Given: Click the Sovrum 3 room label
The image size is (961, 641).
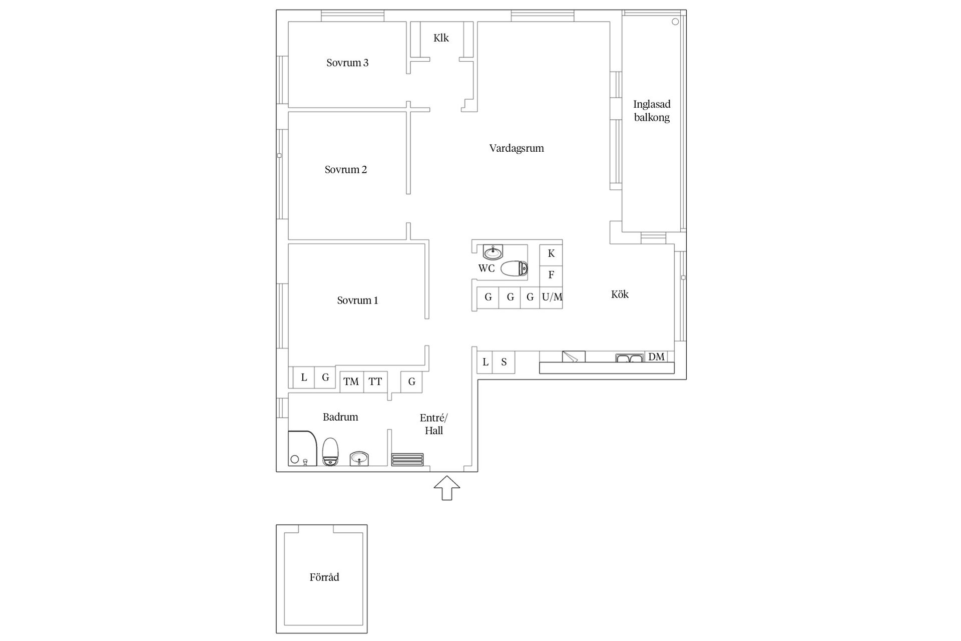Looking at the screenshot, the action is tap(347, 63).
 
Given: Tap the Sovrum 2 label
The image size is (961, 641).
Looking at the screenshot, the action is tap(346, 170).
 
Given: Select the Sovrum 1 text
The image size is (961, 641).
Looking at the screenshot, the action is tap(357, 300).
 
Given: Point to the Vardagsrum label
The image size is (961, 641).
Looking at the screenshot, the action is tap(517, 148).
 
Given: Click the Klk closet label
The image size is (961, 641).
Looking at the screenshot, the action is tap(441, 38).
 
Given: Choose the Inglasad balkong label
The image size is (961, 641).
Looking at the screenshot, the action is tap(652, 111).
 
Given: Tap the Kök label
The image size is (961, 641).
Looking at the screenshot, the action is tap(620, 294).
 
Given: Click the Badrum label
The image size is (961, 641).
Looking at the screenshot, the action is tap(340, 417).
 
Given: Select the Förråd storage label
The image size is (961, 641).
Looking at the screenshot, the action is tap(324, 577).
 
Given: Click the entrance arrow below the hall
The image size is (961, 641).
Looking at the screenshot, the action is tap(446, 488).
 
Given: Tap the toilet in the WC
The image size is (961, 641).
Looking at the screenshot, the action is tap(514, 269).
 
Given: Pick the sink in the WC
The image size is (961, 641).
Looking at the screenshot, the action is tap(493, 252).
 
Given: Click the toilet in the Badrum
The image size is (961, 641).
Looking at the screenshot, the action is tap(330, 452).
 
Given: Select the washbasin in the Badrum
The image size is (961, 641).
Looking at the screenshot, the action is tap(359, 458).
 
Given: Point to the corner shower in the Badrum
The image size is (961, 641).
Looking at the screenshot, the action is tap(303, 448).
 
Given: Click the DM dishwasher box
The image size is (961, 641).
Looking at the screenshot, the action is tap(656, 357).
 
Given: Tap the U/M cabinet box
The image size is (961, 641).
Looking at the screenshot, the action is tap(552, 297).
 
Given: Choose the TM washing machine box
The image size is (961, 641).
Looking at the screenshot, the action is tap(351, 382).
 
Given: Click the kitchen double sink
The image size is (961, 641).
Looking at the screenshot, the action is tap(629, 358).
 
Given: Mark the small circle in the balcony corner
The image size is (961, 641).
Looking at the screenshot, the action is tap(675, 22).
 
